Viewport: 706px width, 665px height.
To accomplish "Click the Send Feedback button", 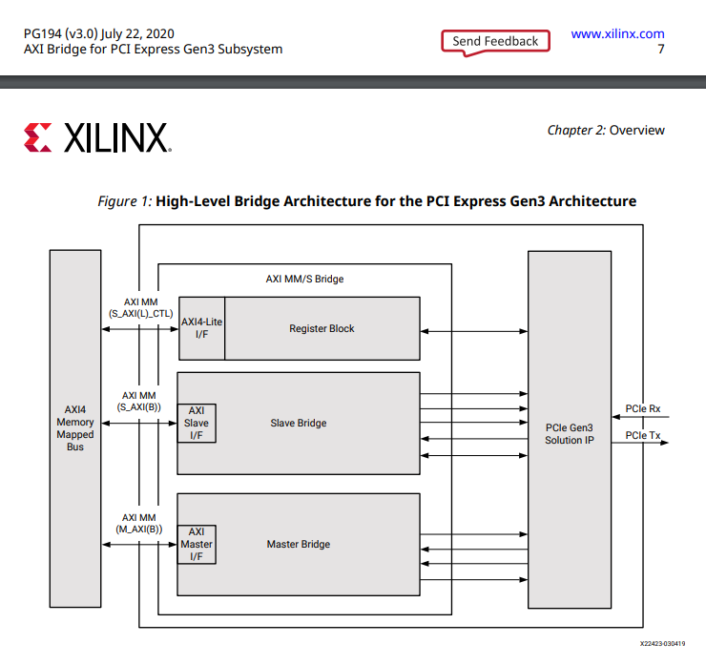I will pyautogui.click(x=495, y=41).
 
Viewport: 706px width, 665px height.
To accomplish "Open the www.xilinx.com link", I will pyautogui.click(x=617, y=33).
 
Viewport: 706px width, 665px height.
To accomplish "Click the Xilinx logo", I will pyautogui.click(x=97, y=137).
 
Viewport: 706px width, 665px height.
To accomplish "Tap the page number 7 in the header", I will pyautogui.click(x=661, y=49).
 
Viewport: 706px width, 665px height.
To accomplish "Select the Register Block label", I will pyautogui.click(x=322, y=328).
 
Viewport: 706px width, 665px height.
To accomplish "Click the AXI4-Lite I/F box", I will pyautogui.click(x=201, y=328).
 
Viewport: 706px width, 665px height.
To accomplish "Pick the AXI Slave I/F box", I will pyautogui.click(x=197, y=423).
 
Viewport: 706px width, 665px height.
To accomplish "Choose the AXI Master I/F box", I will pyautogui.click(x=197, y=544).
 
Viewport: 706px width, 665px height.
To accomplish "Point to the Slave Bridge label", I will pyautogui.click(x=298, y=423).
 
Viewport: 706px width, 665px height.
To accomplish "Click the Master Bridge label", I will pyautogui.click(x=298, y=544).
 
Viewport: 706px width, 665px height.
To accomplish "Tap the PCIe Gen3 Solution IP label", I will pyautogui.click(x=570, y=434).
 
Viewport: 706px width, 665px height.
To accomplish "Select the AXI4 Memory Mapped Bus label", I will pyautogui.click(x=75, y=428).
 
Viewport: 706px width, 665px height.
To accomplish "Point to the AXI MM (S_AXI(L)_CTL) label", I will pyautogui.click(x=140, y=307).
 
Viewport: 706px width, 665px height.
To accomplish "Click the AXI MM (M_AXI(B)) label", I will pyautogui.click(x=140, y=522).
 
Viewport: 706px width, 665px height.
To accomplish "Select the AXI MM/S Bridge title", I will pyautogui.click(x=304, y=280).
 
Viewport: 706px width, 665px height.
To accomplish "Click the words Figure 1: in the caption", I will pyautogui.click(x=125, y=201).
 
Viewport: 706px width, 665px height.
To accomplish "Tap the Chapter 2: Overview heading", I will pyautogui.click(x=605, y=130).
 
